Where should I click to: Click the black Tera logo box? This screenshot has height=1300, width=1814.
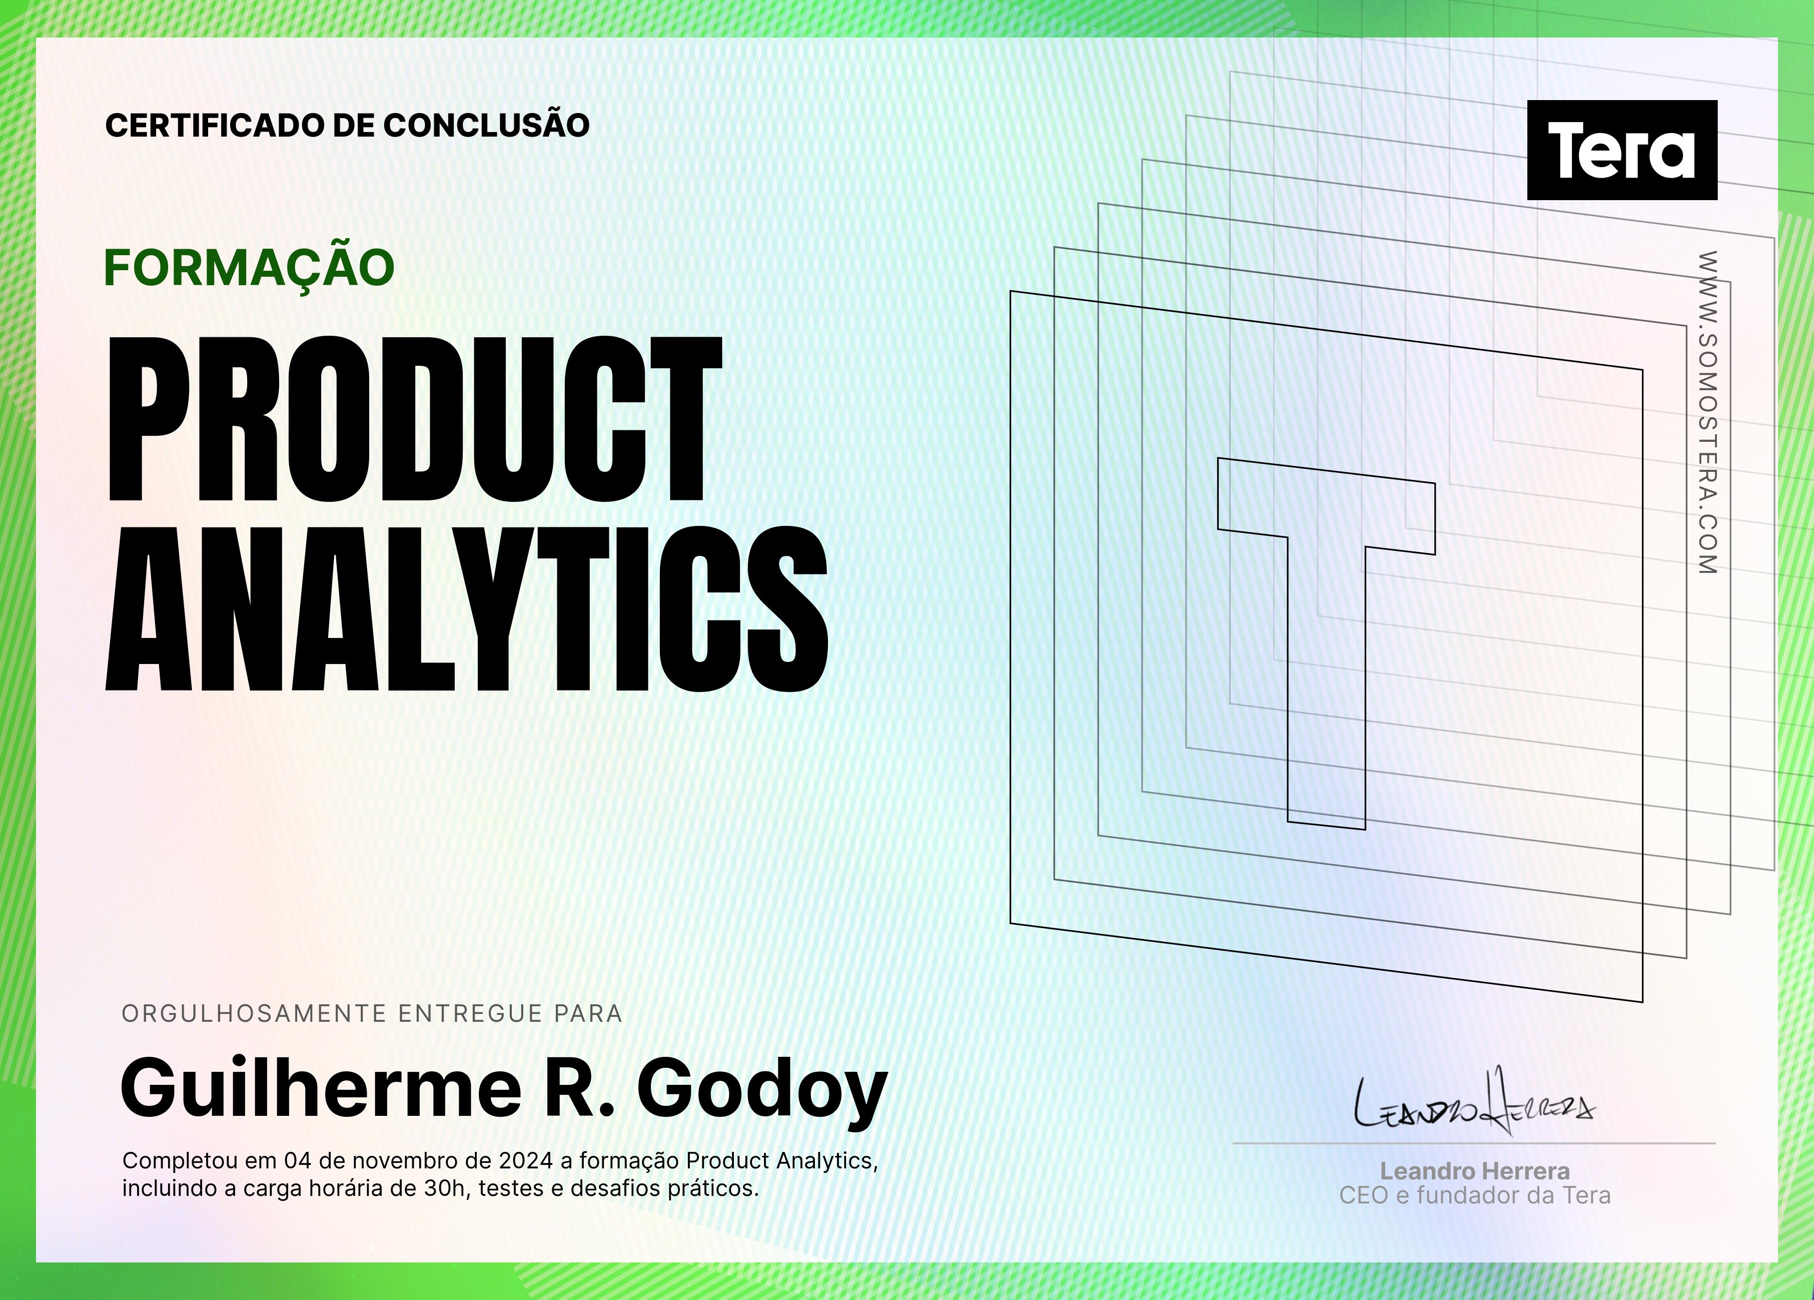pyautogui.click(x=1622, y=150)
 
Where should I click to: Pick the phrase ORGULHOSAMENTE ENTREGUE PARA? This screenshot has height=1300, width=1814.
pyautogui.click(x=372, y=1014)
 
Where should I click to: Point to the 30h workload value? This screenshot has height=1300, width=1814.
pyautogui.click(x=445, y=1188)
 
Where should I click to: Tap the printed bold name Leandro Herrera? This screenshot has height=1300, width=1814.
pyautogui.click(x=1475, y=1171)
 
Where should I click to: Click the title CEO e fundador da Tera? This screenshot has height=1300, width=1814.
pyautogui.click(x=1475, y=1195)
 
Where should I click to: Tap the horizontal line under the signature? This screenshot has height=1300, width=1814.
pyautogui.click(x=1474, y=1143)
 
